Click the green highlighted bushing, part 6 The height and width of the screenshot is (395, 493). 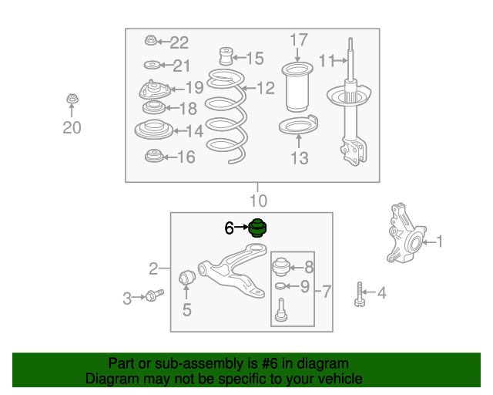[x=257, y=228]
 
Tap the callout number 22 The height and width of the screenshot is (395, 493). [x=179, y=42]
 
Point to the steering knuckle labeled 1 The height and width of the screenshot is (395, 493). [x=406, y=234]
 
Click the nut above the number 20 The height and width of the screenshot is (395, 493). [x=72, y=99]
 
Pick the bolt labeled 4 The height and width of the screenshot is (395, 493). [x=360, y=294]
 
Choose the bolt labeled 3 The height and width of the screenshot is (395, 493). [x=154, y=295]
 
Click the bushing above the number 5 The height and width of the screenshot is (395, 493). [x=187, y=276]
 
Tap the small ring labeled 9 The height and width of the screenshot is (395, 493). [x=280, y=286]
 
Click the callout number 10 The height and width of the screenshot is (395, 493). [x=259, y=201]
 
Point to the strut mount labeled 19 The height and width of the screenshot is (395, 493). [x=154, y=89]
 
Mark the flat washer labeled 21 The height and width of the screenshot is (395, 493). [x=153, y=66]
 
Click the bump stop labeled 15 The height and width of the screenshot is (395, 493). [x=226, y=56]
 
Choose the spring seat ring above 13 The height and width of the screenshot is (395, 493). [x=298, y=124]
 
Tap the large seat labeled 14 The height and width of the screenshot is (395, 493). [x=154, y=129]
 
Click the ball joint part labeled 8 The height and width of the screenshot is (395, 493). [x=280, y=267]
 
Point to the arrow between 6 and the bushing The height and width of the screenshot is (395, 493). [x=241, y=227]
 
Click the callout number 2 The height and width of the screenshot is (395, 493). [x=153, y=268]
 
